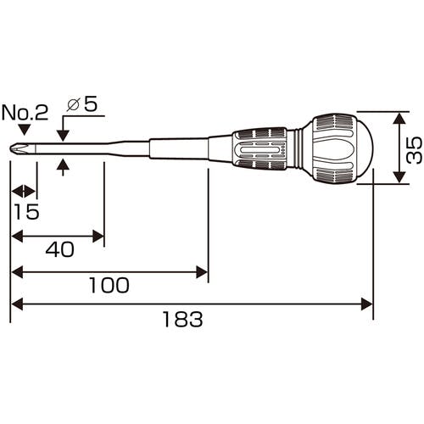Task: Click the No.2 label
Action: pos(25,113)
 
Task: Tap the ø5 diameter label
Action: pos(82,103)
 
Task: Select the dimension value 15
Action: pos(26,211)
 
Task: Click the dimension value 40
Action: pos(60,249)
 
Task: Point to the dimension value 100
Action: pos(109,285)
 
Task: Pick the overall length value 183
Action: pos(183,319)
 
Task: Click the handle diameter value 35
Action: pos(414,150)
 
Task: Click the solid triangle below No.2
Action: pos(25,130)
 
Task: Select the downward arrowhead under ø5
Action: pos(63,136)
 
